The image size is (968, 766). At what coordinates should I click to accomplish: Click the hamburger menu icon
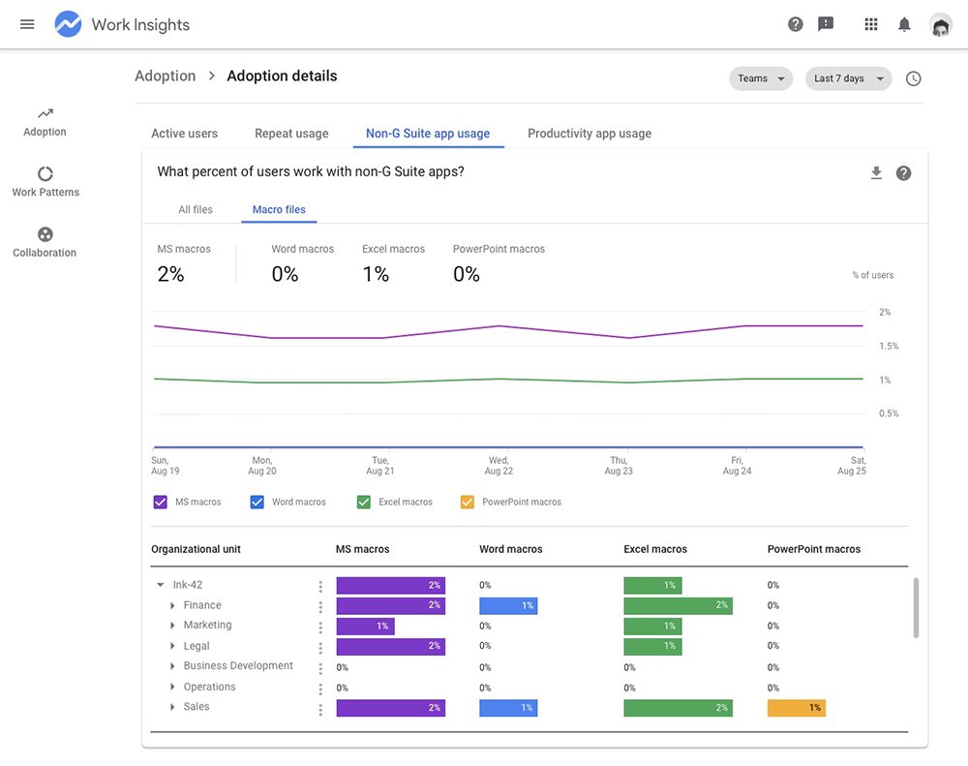click(27, 24)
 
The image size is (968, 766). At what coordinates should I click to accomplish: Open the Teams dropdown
click(760, 78)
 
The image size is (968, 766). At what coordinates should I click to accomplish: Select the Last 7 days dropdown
click(848, 78)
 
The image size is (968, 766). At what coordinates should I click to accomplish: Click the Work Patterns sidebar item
click(45, 181)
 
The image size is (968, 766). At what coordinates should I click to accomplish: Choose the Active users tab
click(184, 134)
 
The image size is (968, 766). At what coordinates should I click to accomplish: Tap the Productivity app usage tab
click(589, 134)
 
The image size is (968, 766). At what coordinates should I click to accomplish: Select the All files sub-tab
click(196, 209)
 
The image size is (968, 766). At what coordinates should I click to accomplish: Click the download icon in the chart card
click(876, 173)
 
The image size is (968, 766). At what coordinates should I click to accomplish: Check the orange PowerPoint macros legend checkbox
click(468, 502)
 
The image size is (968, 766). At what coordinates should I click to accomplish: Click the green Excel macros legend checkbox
click(364, 502)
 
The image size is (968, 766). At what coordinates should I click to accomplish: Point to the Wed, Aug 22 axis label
click(499, 466)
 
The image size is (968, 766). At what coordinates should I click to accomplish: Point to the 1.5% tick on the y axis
click(888, 346)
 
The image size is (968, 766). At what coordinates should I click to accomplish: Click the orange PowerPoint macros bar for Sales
click(796, 708)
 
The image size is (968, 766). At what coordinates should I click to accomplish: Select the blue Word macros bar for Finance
click(508, 605)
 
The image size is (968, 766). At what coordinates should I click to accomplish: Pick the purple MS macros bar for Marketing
click(365, 626)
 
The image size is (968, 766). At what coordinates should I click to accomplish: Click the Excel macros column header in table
click(654, 549)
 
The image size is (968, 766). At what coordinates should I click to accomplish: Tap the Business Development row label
click(238, 666)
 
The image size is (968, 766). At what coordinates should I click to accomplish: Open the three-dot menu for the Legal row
click(320, 647)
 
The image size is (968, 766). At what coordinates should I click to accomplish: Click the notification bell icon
click(904, 24)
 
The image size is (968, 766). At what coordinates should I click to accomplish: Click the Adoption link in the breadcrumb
click(165, 77)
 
